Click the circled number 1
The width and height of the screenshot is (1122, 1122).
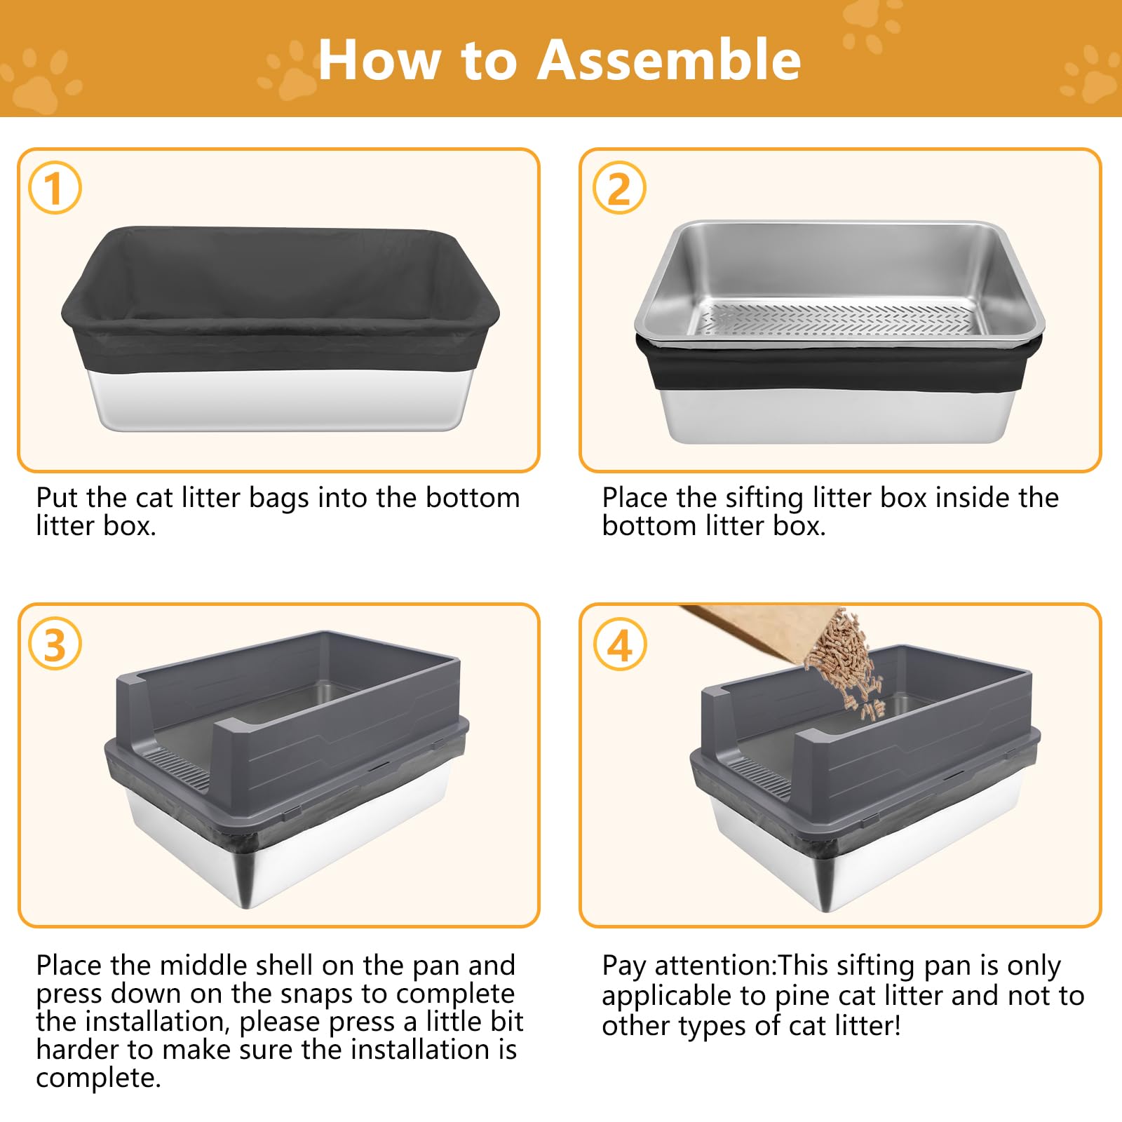click(55, 188)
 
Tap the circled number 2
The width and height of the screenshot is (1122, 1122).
click(619, 188)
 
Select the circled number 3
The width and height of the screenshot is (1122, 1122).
click(55, 644)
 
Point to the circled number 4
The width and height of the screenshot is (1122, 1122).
click(619, 644)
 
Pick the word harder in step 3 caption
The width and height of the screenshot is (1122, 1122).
click(77, 1050)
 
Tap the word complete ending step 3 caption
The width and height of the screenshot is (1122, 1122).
click(97, 1078)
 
